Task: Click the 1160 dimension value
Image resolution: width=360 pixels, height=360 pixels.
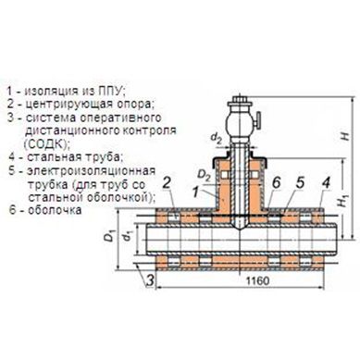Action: (257, 280)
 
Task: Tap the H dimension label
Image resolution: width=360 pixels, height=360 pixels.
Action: (346, 136)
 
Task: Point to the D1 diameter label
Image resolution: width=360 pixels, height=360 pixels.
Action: (108, 238)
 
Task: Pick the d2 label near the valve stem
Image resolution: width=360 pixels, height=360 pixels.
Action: (217, 139)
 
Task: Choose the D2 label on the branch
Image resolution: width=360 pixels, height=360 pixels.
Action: (204, 176)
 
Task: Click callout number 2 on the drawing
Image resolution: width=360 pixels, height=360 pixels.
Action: (167, 183)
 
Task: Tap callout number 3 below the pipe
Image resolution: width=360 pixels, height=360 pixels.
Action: (150, 280)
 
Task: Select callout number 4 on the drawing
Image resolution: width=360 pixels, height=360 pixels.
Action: (326, 183)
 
